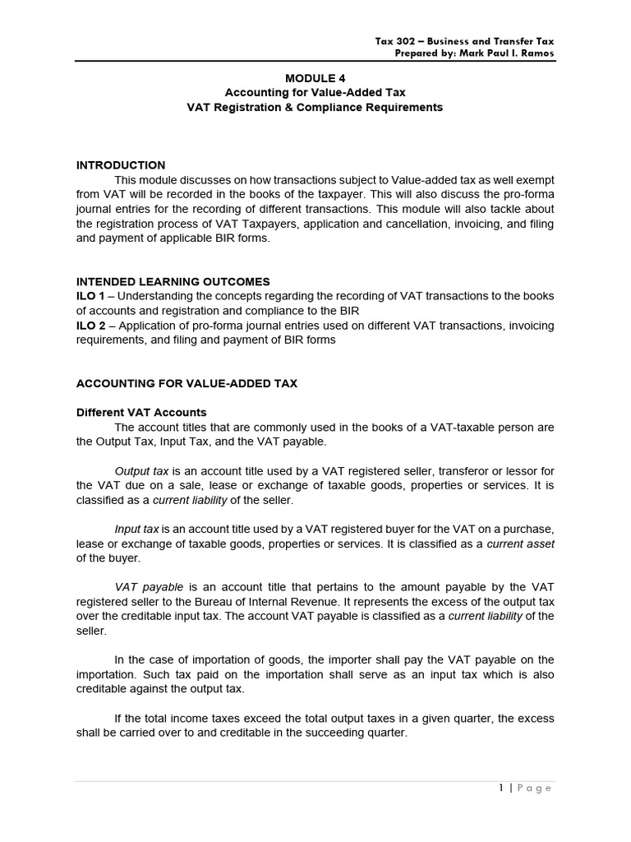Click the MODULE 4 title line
point(315,77)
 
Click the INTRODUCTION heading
point(121,165)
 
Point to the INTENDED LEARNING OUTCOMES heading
point(173,282)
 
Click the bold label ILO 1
point(90,296)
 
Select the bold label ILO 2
point(90,326)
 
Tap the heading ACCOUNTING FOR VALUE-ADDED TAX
point(187,383)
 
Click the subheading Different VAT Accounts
point(141,412)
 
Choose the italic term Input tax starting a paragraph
point(137,529)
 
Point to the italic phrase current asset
point(520,544)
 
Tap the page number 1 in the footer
point(500,788)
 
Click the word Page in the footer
point(534,788)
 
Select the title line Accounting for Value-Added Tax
point(315,92)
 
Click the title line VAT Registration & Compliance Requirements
point(315,107)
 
